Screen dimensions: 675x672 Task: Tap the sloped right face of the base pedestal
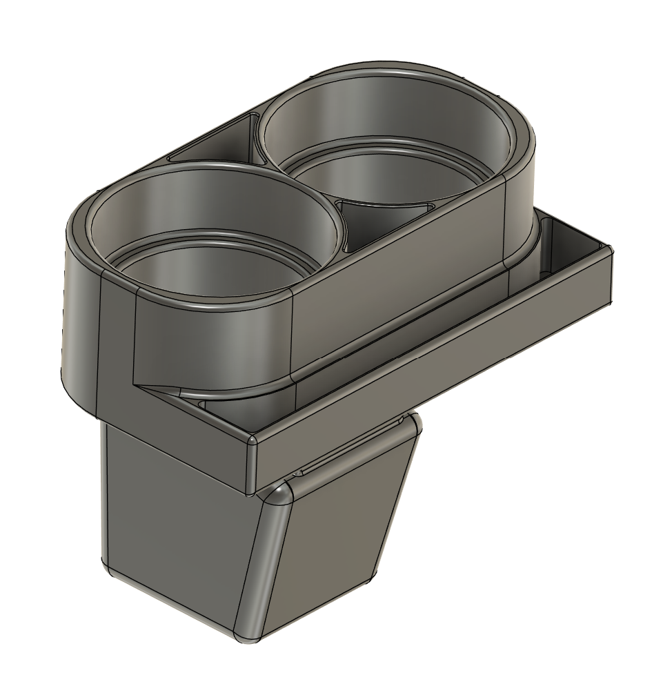pos(331,552)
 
